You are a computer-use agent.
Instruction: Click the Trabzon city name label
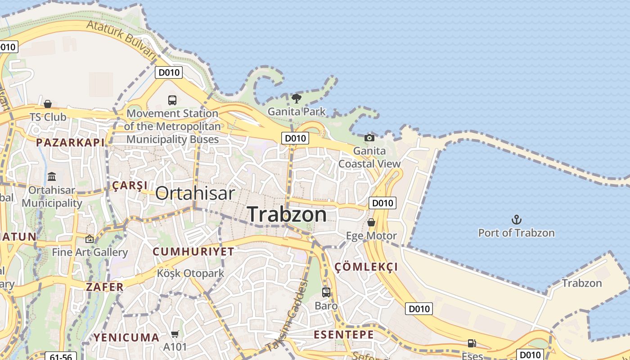pyautogui.click(x=287, y=214)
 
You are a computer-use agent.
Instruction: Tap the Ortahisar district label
pyautogui.click(x=195, y=193)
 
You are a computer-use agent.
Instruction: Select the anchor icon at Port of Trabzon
pyautogui.click(x=517, y=220)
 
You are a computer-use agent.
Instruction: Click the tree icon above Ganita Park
pyautogui.click(x=296, y=99)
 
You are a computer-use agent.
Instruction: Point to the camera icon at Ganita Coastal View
pyautogui.click(x=369, y=138)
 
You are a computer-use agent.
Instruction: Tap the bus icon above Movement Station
pyautogui.click(x=172, y=100)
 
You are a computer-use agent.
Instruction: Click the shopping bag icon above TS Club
pyautogui.click(x=48, y=104)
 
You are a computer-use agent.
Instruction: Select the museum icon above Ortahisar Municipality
pyautogui.click(x=52, y=176)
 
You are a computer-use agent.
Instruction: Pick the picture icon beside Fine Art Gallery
pyautogui.click(x=90, y=239)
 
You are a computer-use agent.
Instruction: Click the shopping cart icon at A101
pyautogui.click(x=175, y=334)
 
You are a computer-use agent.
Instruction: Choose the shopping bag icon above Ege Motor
pyautogui.click(x=371, y=223)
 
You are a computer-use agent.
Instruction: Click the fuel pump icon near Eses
pyautogui.click(x=472, y=343)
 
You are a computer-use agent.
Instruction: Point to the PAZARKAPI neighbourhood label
pyautogui.click(x=70, y=143)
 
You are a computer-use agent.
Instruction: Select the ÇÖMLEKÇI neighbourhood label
pyautogui.click(x=366, y=267)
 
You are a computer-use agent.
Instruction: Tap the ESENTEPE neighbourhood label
pyautogui.click(x=344, y=335)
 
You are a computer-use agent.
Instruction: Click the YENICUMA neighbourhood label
pyautogui.click(x=126, y=337)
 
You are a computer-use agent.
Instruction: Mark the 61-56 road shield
pyautogui.click(x=61, y=357)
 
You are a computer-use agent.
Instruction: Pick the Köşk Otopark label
pyautogui.click(x=190, y=273)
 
